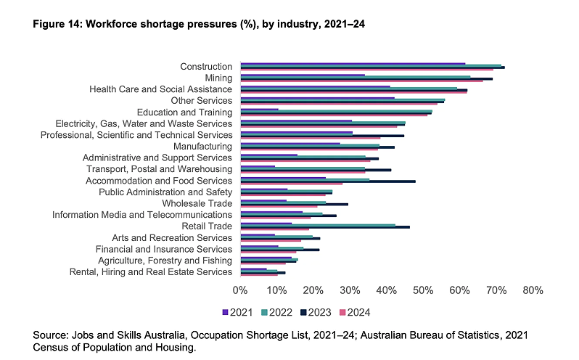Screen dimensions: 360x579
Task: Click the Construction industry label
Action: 206,67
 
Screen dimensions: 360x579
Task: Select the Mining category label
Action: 218,78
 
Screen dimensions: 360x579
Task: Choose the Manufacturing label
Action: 203,147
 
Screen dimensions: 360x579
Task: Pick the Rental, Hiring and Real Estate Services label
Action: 151,272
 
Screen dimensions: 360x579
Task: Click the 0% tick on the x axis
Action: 240,290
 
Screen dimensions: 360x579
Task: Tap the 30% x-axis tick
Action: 350,290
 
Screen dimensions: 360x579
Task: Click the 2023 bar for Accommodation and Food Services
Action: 328,181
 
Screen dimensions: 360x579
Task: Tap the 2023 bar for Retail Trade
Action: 325,227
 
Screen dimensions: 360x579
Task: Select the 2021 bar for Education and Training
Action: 259,110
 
